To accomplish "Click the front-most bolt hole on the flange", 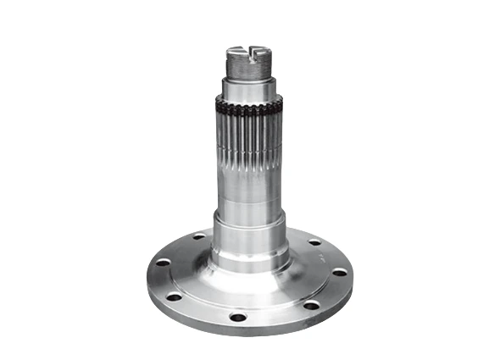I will pyautogui.click(x=238, y=317).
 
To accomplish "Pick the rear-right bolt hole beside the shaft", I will pyautogui.click(x=314, y=241).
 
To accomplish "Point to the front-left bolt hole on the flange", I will pyautogui.click(x=175, y=297).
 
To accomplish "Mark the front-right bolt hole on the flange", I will pyautogui.click(x=311, y=304).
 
